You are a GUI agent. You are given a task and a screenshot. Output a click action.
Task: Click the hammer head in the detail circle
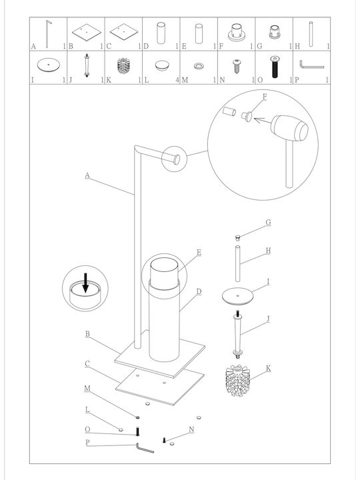pyautogui.click(x=289, y=128)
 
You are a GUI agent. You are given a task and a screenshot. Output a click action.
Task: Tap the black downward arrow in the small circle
pyautogui.click(x=86, y=282)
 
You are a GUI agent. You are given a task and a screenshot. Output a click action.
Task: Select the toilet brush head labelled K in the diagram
pyautogui.click(x=238, y=381)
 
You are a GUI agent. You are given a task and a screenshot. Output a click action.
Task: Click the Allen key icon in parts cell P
pyautogui.click(x=311, y=65)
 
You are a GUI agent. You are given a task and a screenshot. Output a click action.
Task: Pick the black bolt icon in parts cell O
pyautogui.click(x=275, y=67)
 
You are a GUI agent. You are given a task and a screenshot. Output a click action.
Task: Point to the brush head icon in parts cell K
pyautogui.click(x=123, y=65)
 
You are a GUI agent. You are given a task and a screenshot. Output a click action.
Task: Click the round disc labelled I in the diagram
pyautogui.click(x=238, y=296)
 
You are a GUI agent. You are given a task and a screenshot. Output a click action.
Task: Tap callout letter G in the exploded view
pyautogui.click(x=268, y=223)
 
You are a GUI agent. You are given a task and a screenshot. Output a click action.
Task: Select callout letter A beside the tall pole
pyautogui.click(x=87, y=175)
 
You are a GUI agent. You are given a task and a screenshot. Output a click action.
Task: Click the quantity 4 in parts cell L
pyautogui.click(x=177, y=80)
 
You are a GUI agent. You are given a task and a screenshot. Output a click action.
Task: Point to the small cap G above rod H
pyautogui.click(x=237, y=237)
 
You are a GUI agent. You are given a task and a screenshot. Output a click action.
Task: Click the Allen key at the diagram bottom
pyautogui.click(x=145, y=448)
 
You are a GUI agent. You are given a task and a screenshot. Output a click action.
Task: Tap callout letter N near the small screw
pyautogui.click(x=191, y=429)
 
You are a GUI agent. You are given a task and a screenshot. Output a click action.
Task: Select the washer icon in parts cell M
pyautogui.click(x=199, y=65)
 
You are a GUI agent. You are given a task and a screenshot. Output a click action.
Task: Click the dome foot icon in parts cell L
pyautogui.click(x=162, y=65)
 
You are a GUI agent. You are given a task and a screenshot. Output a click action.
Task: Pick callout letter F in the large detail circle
pyautogui.click(x=265, y=97)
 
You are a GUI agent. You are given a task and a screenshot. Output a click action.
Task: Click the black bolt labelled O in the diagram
pyautogui.click(x=137, y=431)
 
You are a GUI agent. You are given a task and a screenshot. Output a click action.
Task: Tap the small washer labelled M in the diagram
pyautogui.click(x=137, y=417)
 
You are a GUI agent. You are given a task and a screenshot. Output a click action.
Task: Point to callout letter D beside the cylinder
pyautogui.click(x=199, y=291)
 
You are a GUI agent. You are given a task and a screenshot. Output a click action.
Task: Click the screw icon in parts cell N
pyautogui.click(x=237, y=66)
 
